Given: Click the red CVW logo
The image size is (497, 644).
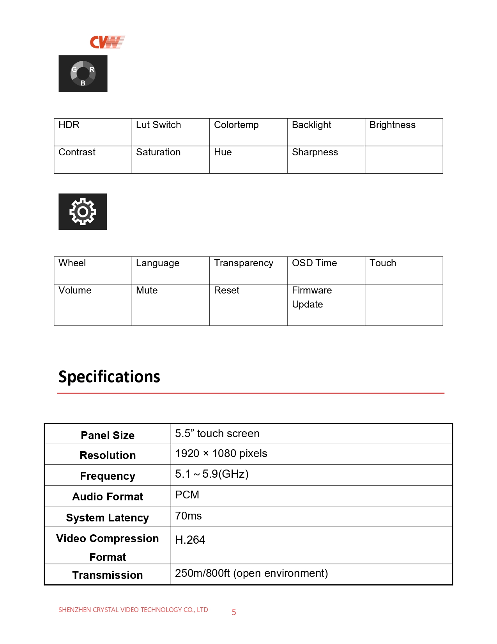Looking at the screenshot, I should pyautogui.click(x=107, y=42).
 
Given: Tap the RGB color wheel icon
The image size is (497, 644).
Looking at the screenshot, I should pyautogui.click(x=83, y=73).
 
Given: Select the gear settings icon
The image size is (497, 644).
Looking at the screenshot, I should pyautogui.click(x=83, y=212).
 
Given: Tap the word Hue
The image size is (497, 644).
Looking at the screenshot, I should pyautogui.click(x=223, y=152).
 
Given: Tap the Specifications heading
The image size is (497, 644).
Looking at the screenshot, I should pyautogui.click(x=109, y=377).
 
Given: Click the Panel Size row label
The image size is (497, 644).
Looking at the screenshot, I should pyautogui.click(x=108, y=435).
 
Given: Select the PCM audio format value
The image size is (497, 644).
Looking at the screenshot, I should pyautogui.click(x=187, y=495).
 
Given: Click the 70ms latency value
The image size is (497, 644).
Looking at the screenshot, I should pyautogui.click(x=188, y=516).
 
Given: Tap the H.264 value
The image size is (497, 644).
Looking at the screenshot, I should pyautogui.click(x=190, y=540).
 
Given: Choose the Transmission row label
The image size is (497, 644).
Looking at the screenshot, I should pyautogui.click(x=108, y=575).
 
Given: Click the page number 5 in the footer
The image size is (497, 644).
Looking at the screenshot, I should pyautogui.click(x=234, y=612).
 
